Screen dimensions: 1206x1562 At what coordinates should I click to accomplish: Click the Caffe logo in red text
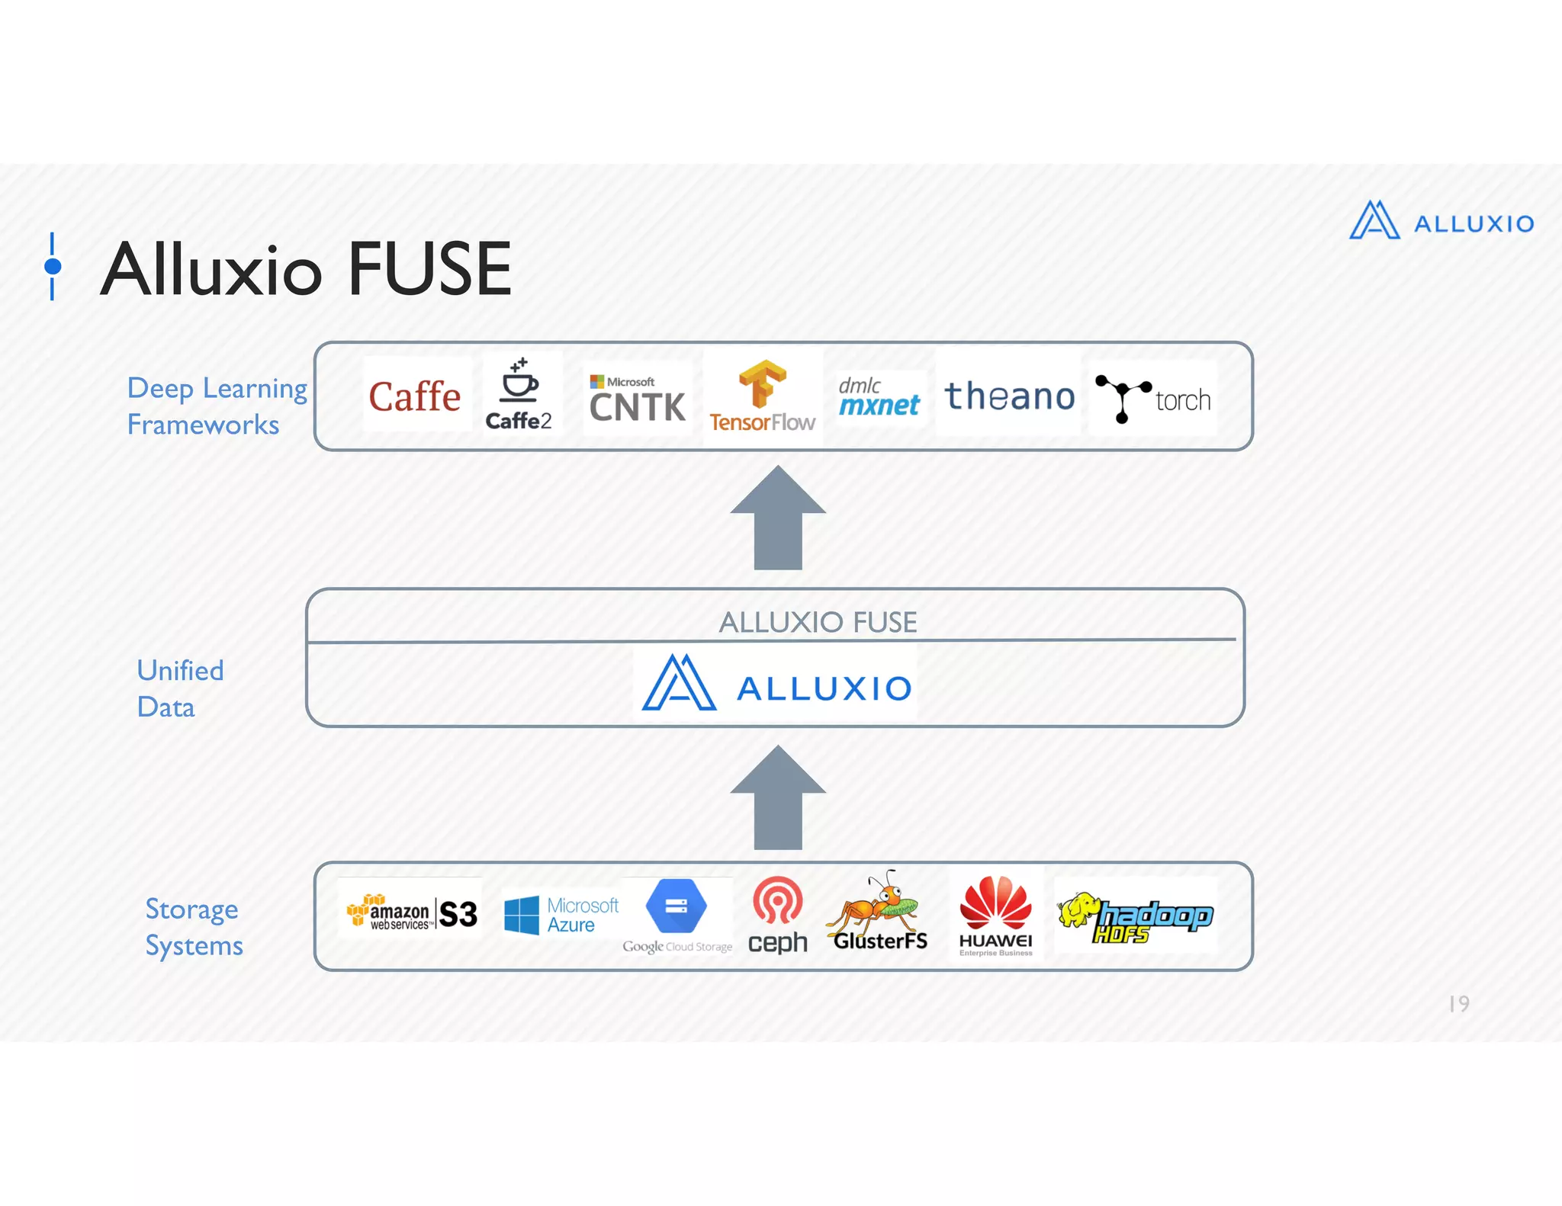coord(415,396)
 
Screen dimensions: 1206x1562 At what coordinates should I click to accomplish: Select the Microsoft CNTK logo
coord(637,399)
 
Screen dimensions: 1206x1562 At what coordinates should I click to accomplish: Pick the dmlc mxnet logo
coord(879,397)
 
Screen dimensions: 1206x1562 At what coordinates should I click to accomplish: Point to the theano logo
coord(1009,396)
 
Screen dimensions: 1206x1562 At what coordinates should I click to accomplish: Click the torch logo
coord(1152,398)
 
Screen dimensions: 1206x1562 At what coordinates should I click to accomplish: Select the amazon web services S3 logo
coord(412,913)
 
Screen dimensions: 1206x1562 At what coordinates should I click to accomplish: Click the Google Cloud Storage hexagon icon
coord(676,906)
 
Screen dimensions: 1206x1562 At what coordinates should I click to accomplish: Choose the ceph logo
coord(777,915)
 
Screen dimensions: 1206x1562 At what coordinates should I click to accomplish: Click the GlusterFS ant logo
coord(879,912)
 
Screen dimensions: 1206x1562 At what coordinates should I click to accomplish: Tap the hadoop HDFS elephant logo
coord(1134,916)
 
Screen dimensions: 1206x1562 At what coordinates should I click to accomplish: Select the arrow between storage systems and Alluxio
coord(778,799)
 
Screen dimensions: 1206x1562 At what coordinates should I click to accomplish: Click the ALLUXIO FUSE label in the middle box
coord(818,622)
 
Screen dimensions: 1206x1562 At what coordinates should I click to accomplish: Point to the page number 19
coord(1458,1003)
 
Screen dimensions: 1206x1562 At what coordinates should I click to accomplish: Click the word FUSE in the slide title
coord(429,269)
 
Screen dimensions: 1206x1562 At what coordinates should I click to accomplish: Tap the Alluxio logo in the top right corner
coord(1441,221)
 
